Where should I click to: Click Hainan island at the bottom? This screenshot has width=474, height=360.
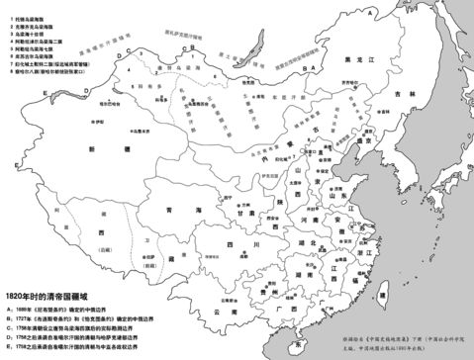[296, 345]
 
